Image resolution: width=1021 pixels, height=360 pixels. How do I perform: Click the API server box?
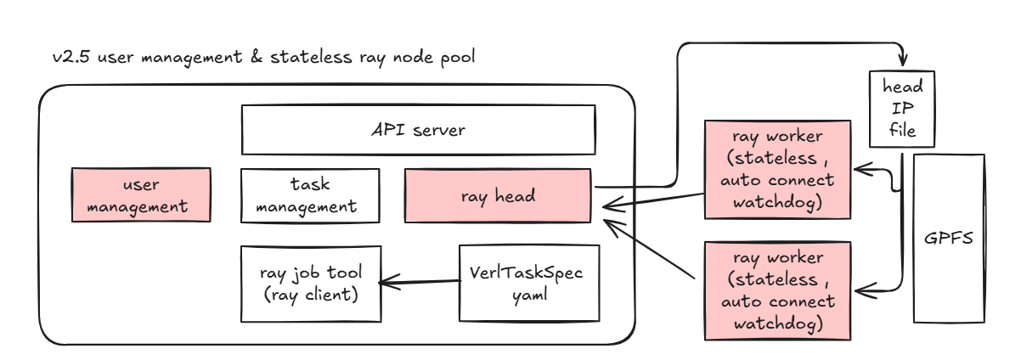click(x=418, y=130)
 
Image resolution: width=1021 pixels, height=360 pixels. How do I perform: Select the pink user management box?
click(x=141, y=195)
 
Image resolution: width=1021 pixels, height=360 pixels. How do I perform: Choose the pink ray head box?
click(x=498, y=196)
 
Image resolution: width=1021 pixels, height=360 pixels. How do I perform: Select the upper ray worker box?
click(x=777, y=168)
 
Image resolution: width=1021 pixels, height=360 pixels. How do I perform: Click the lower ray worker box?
click(x=777, y=290)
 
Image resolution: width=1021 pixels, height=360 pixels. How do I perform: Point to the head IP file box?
click(x=897, y=110)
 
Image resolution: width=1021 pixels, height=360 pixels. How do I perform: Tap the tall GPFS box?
click(x=948, y=237)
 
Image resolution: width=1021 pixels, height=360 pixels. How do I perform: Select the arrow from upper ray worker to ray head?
click(x=654, y=201)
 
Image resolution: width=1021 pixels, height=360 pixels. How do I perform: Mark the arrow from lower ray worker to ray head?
click(x=654, y=248)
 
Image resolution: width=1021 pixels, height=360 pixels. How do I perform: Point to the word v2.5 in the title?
click(x=67, y=59)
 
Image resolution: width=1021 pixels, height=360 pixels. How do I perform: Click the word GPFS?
click(x=948, y=238)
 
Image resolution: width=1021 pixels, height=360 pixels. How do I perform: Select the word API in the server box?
click(x=386, y=131)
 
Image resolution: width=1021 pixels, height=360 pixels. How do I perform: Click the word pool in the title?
click(x=457, y=59)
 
